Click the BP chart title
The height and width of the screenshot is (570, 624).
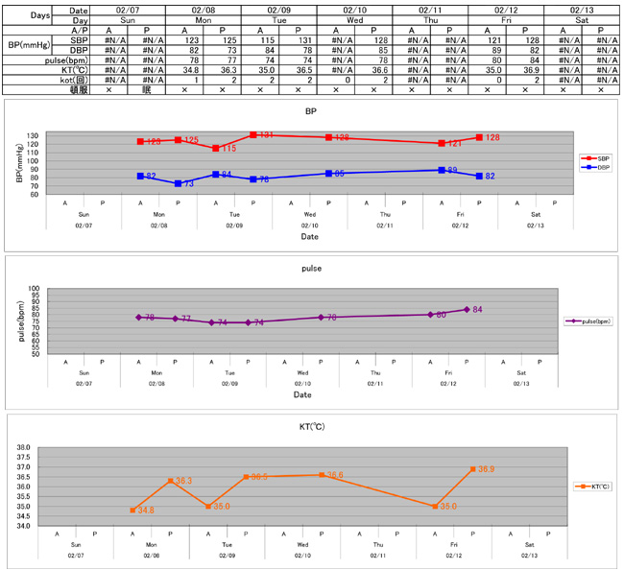pyautogui.click(x=310, y=110)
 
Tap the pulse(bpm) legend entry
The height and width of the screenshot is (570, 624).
pyautogui.click(x=588, y=321)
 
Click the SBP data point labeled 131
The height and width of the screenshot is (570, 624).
pyautogui.click(x=253, y=135)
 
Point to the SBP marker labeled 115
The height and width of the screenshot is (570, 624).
pyautogui.click(x=216, y=149)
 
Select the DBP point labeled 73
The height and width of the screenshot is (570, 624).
pyautogui.click(x=178, y=183)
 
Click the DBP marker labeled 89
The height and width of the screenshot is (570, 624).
pyautogui.click(x=442, y=170)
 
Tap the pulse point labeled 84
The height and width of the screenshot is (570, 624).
pyautogui.click(x=467, y=309)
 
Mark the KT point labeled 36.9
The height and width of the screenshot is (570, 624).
pyautogui.click(x=472, y=469)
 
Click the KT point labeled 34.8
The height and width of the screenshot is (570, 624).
pyautogui.click(x=132, y=511)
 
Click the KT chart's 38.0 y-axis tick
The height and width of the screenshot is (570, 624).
pyautogui.click(x=23, y=447)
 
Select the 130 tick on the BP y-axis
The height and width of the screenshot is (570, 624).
pyautogui.click(x=33, y=135)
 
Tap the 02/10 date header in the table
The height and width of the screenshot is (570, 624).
pyautogui.click(x=354, y=9)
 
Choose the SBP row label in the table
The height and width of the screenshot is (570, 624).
pyautogui.click(x=54, y=39)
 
